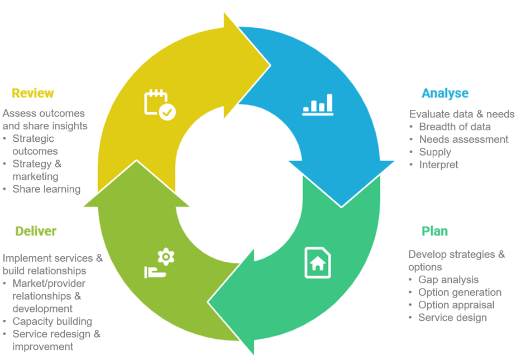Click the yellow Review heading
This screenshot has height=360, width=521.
point(32,93)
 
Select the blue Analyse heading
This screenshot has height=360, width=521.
point(444,93)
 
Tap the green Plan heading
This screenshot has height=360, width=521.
point(434,231)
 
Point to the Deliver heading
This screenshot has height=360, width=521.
point(36,231)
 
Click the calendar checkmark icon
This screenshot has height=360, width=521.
point(160,104)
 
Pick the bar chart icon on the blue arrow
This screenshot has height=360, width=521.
point(318,104)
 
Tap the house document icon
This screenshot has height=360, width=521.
point(317,262)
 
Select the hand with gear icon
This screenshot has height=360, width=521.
point(160,264)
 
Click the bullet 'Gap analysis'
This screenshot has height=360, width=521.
point(448,280)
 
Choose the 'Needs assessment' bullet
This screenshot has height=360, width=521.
point(463,140)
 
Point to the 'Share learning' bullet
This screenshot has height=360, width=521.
point(46,189)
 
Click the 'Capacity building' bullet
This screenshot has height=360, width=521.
point(52,321)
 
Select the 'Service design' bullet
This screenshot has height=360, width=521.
point(452,318)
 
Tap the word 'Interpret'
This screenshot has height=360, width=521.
point(438,165)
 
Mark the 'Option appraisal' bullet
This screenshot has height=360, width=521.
point(457,305)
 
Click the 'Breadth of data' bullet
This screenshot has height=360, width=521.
point(455,127)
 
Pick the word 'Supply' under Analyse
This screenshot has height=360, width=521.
point(435,152)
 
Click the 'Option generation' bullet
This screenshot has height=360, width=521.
point(460,292)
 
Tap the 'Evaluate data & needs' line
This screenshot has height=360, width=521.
point(461,114)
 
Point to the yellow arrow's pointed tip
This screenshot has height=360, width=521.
point(270,65)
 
